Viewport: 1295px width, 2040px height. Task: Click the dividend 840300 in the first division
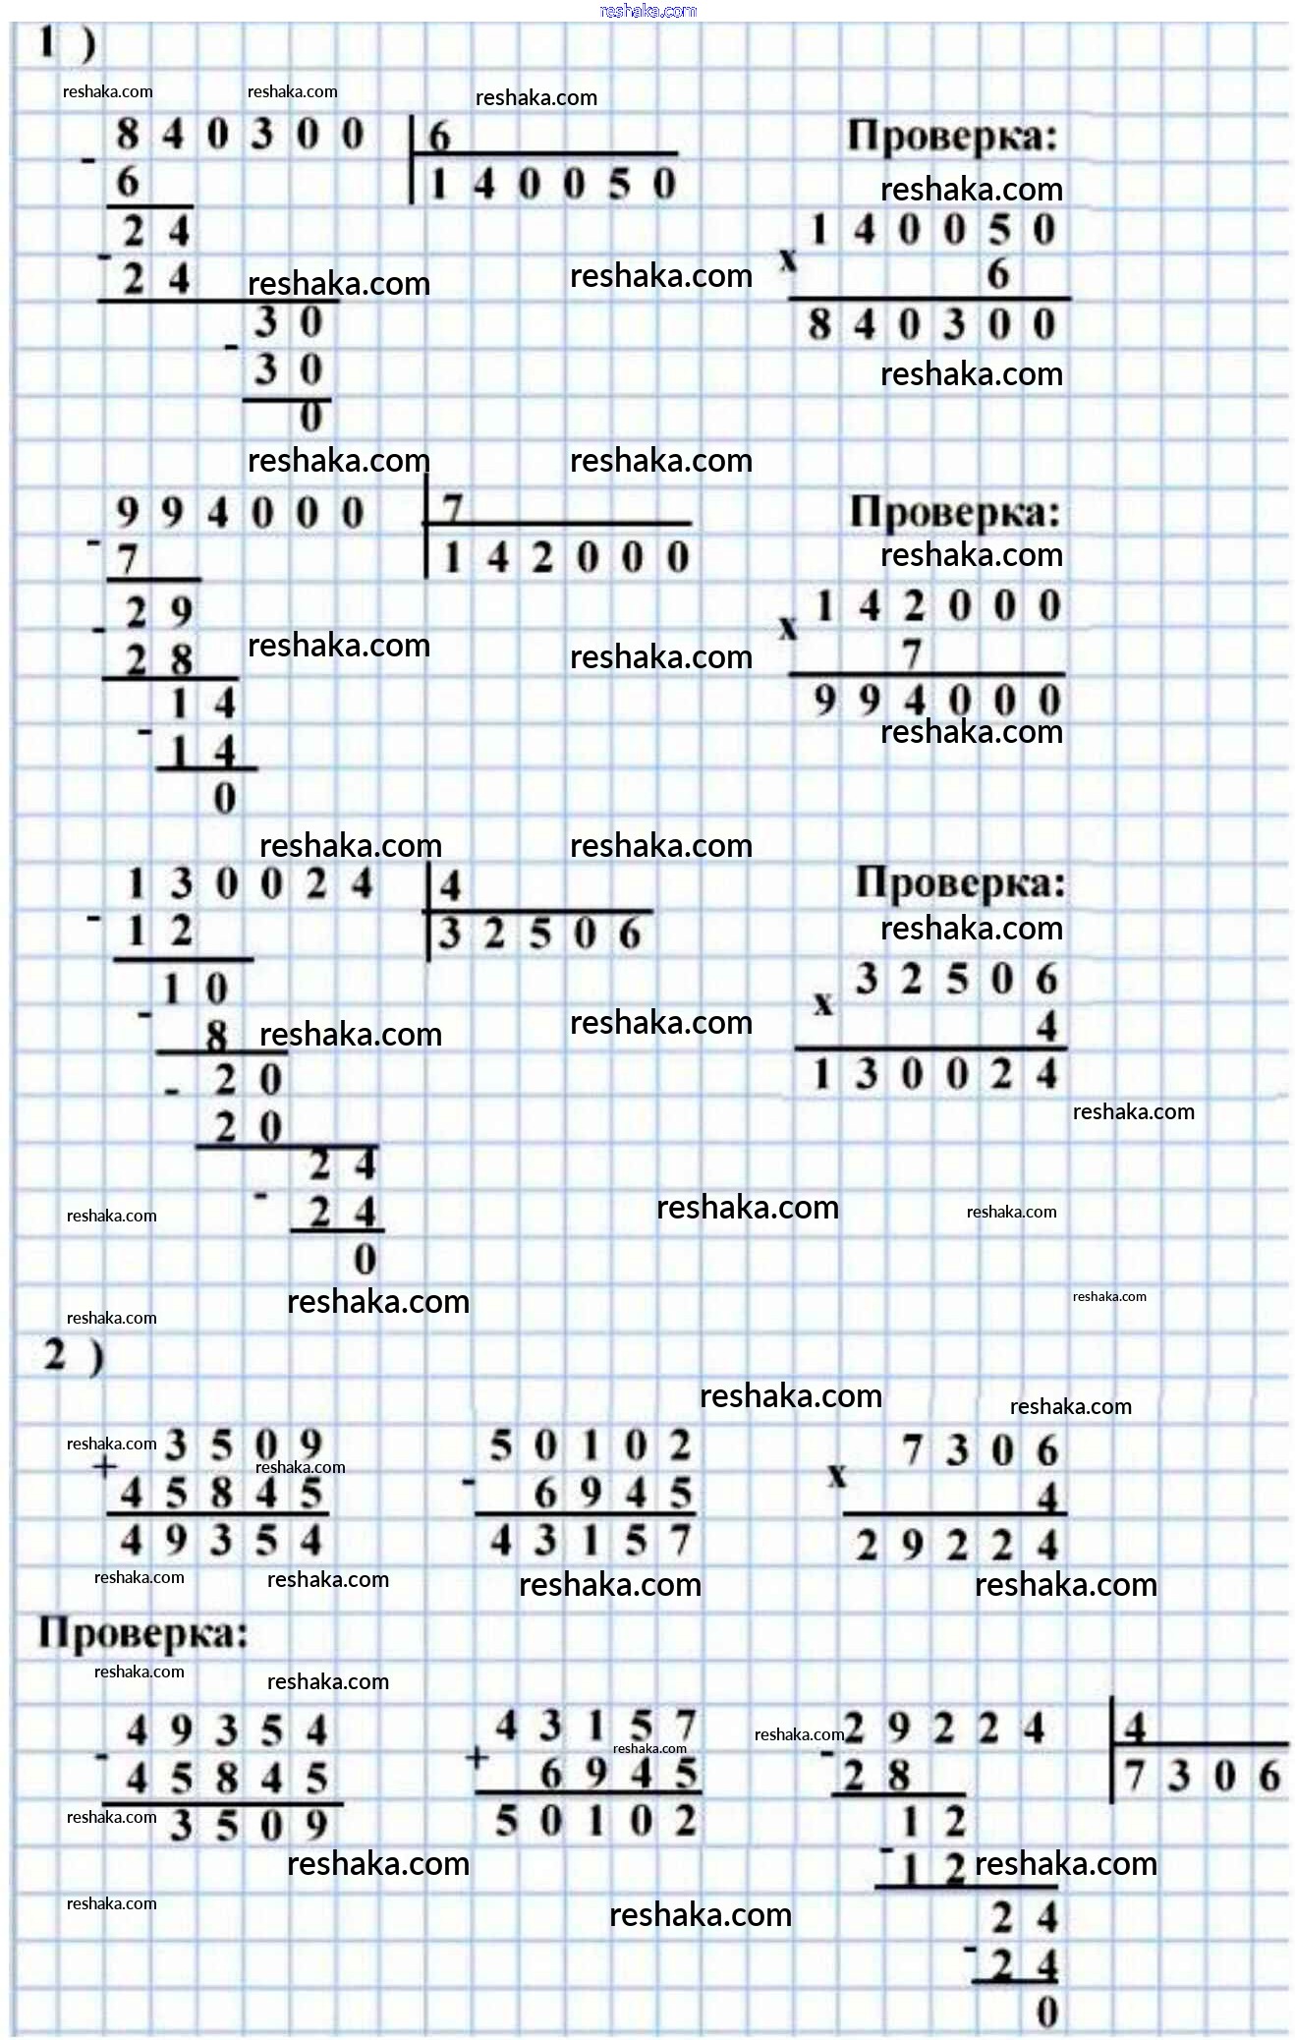(240, 134)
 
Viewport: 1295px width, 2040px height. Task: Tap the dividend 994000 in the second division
(240, 512)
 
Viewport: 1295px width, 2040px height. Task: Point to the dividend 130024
(250, 883)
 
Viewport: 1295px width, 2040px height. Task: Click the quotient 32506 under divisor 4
(540, 933)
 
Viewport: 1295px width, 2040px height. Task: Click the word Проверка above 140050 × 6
(953, 136)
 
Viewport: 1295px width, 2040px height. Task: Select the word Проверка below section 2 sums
(143, 1633)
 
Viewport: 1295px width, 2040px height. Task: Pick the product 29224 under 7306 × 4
(958, 1546)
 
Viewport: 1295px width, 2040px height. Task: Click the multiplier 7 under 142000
(912, 653)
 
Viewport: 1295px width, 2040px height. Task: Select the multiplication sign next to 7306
(836, 1475)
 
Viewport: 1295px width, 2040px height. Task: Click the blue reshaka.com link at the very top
(648, 11)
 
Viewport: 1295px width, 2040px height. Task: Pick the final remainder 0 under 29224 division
(1047, 2012)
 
